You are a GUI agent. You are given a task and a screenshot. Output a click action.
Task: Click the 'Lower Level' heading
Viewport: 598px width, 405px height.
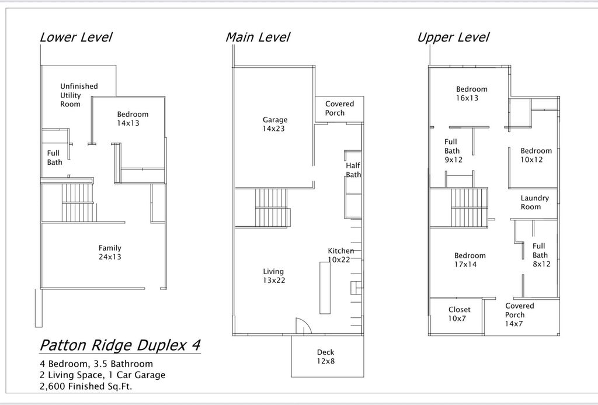tap(75, 37)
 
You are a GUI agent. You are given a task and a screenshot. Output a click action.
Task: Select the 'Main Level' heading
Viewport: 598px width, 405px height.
tap(258, 37)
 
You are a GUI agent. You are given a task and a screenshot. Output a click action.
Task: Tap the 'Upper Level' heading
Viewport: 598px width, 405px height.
tap(453, 37)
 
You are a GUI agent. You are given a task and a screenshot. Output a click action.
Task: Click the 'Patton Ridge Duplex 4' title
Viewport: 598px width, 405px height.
tap(120, 345)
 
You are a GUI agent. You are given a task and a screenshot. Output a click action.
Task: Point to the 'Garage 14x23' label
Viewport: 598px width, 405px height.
tap(274, 124)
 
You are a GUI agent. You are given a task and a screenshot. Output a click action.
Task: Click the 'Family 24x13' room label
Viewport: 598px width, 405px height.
tap(110, 252)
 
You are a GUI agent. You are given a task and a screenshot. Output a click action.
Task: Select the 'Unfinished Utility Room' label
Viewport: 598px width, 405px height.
tap(79, 95)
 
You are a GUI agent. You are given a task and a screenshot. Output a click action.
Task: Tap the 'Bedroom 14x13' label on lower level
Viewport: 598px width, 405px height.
tap(133, 119)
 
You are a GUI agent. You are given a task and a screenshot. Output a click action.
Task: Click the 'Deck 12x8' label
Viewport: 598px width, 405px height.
tap(325, 356)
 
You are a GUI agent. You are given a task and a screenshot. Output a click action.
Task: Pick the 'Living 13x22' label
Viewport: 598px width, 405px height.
tap(273, 276)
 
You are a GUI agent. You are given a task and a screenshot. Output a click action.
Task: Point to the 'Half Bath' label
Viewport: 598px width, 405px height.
tap(353, 170)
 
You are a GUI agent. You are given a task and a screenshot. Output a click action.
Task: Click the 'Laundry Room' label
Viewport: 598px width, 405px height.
tap(534, 202)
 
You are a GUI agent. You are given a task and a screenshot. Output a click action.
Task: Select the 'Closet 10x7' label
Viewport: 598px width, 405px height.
tap(459, 314)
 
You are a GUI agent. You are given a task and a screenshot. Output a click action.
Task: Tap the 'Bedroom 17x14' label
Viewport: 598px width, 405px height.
tap(470, 260)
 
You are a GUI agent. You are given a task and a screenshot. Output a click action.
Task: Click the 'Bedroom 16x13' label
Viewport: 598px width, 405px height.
tap(471, 94)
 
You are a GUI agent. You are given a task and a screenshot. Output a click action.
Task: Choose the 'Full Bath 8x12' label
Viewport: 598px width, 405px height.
tap(540, 255)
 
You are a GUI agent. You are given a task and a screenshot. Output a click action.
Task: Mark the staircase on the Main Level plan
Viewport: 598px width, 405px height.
tap(272, 208)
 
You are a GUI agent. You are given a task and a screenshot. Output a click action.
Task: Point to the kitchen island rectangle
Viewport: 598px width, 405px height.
tap(324, 288)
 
